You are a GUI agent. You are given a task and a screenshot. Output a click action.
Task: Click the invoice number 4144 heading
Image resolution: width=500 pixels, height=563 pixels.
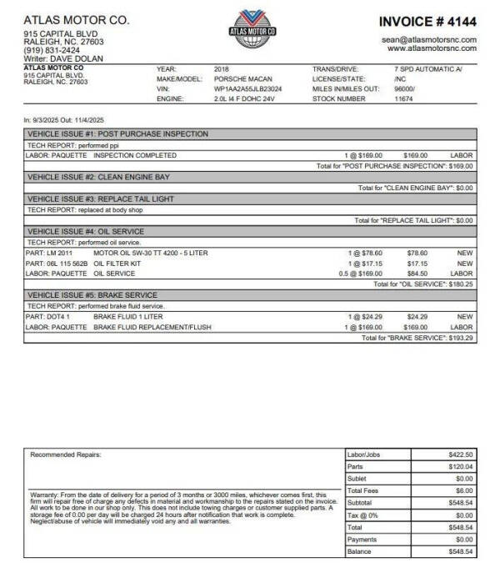point(427,21)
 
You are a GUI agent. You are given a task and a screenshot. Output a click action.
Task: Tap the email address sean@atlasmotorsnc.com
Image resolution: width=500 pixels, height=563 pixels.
point(429,39)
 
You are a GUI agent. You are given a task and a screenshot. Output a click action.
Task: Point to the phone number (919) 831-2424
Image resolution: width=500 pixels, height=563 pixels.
point(47,50)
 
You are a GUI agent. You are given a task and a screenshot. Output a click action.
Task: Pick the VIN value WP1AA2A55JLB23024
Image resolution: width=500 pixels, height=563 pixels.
point(247,88)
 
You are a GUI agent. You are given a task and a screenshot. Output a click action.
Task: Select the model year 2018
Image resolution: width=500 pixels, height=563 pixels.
point(222,68)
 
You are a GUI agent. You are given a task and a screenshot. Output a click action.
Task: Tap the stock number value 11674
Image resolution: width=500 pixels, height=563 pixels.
point(402,98)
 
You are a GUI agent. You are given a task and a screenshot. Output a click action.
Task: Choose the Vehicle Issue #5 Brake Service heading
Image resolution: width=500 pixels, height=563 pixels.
point(92,295)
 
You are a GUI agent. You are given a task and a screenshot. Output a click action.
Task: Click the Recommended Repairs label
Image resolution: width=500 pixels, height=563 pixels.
point(65,455)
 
